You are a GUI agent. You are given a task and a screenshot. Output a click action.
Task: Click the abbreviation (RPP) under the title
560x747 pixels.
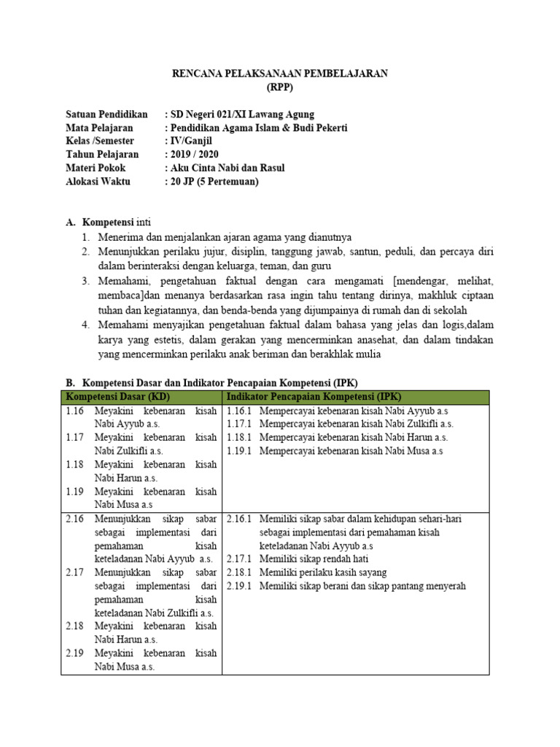tap(280, 87)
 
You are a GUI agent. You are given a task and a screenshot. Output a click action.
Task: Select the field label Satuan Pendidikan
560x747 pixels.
tap(106, 115)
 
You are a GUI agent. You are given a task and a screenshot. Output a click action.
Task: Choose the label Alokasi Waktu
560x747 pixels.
tap(98, 182)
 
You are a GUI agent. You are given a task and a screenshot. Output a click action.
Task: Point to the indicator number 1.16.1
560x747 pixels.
tap(238, 411)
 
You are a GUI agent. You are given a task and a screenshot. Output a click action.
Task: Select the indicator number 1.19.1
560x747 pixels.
tap(238, 451)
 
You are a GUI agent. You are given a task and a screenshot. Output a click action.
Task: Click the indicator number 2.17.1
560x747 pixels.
tap(238, 559)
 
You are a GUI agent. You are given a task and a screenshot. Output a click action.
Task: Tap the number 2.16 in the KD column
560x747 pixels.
tap(74, 519)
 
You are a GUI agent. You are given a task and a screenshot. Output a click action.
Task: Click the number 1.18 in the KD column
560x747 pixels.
tap(74, 464)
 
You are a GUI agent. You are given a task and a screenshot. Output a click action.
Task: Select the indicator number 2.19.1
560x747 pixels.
tap(238, 586)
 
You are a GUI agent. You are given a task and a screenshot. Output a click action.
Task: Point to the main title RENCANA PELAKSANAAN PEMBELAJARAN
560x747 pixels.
tap(280, 74)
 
